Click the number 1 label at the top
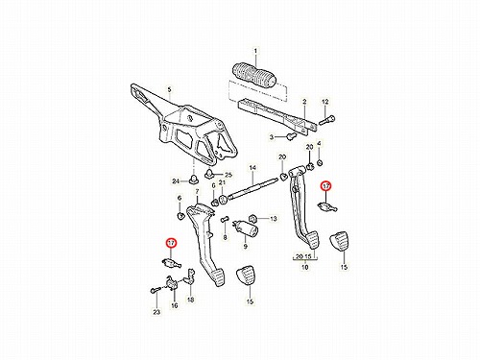255,51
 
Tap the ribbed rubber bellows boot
253,76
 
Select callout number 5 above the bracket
169,89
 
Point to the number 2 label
304,102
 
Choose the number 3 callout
272,137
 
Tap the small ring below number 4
319,163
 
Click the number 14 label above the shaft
252,168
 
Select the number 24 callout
176,181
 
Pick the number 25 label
228,175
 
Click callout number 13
273,219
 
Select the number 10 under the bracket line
304,267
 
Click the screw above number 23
154,291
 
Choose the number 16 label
174,305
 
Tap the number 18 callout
190,300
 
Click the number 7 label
197,191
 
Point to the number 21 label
222,182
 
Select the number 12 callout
324,102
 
